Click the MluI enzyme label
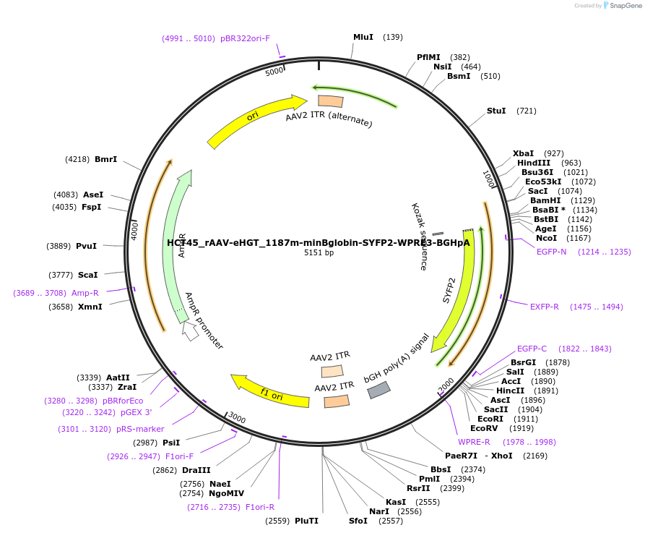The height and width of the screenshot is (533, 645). click(x=363, y=37)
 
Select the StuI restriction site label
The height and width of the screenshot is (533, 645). click(x=496, y=111)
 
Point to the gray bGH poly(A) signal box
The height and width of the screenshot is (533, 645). click(x=379, y=391)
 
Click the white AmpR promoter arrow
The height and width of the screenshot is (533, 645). click(x=190, y=331)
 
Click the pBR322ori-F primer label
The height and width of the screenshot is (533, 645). click(x=246, y=38)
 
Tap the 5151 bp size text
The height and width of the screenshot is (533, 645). click(x=319, y=252)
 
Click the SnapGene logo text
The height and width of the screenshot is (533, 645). click(x=625, y=6)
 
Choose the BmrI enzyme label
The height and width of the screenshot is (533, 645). click(x=105, y=159)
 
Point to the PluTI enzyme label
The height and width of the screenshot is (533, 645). click(x=306, y=521)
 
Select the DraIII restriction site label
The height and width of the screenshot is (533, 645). click(x=196, y=470)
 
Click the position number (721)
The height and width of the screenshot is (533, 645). click(x=527, y=111)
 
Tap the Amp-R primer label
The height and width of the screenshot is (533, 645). click(x=85, y=293)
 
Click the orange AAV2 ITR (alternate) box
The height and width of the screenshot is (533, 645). click(x=331, y=101)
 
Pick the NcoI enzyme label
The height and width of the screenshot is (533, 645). click(x=547, y=238)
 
